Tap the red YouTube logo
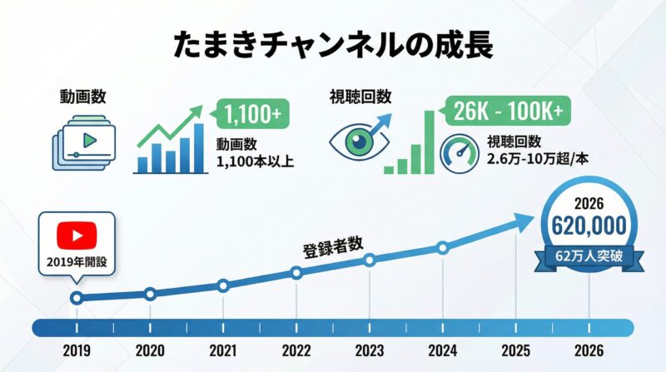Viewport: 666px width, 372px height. point(77,236)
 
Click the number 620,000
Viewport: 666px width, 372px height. point(590,226)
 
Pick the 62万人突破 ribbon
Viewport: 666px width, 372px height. point(590,255)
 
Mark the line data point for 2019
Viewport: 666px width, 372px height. point(77,298)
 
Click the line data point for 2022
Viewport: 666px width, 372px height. point(296,273)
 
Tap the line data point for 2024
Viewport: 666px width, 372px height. point(443,247)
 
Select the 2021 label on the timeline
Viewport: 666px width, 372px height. point(223,350)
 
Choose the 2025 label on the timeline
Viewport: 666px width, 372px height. point(516,350)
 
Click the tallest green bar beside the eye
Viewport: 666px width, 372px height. point(430,141)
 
